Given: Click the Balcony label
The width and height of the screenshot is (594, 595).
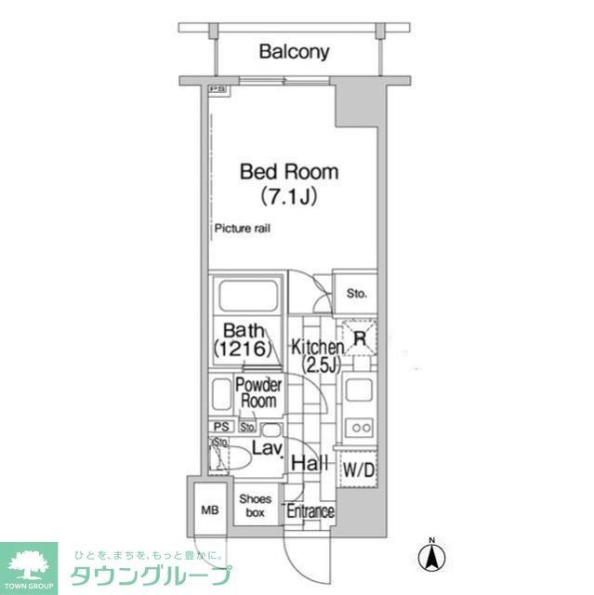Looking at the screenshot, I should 294,52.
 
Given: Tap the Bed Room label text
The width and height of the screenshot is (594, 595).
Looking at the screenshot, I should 276,172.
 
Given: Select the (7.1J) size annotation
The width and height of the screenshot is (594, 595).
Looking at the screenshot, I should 276,197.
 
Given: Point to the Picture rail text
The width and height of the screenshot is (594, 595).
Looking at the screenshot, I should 243,229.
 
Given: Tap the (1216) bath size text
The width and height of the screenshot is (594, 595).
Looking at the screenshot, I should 243,350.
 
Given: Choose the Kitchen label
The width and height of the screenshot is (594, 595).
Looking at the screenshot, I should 318,347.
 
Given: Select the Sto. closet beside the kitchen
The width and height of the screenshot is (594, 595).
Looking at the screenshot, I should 357,295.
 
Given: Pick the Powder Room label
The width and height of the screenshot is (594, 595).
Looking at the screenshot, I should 258,393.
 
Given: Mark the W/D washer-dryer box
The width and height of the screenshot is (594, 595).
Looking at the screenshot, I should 359,471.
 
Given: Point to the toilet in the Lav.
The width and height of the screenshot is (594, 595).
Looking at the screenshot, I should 239,456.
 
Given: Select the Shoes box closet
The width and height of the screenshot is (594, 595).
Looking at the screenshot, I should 255,506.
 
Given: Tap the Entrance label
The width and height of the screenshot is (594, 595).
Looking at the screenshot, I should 310,512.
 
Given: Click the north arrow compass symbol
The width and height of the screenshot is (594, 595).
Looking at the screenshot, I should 431,556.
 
